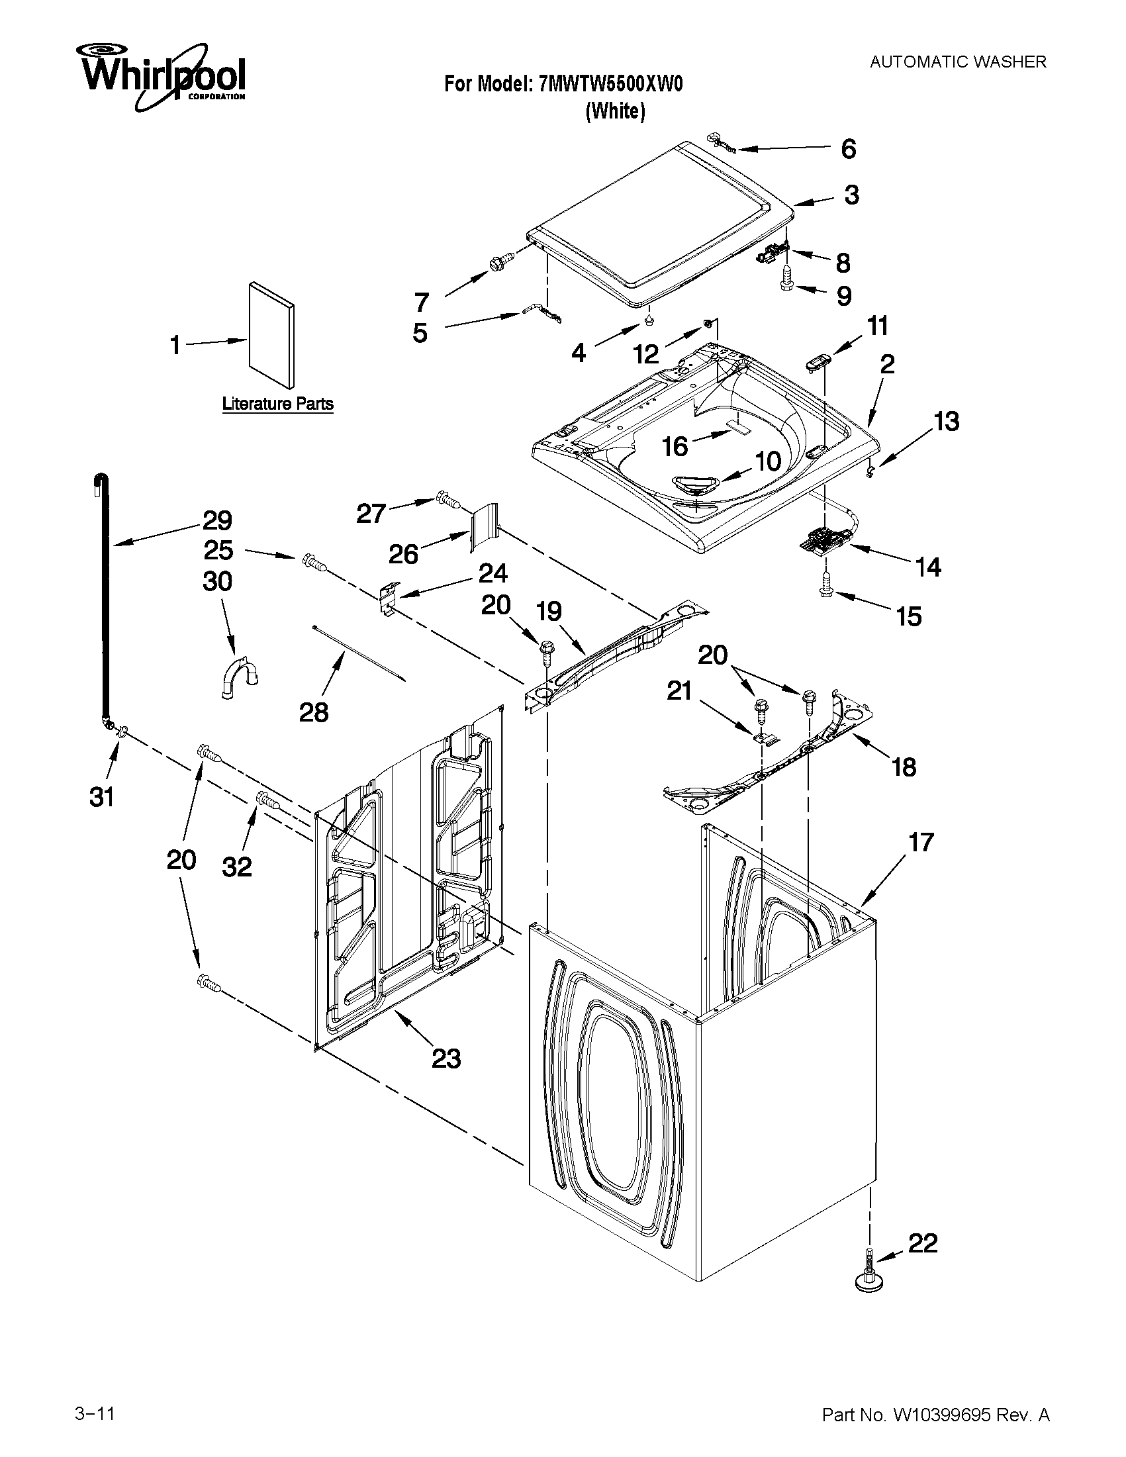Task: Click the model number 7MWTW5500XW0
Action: click(610, 84)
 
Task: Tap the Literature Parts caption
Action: click(277, 404)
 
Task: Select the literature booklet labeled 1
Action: click(271, 336)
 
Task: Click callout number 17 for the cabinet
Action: click(921, 843)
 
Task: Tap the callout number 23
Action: click(446, 1058)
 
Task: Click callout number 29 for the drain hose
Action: click(217, 520)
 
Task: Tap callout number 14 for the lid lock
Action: click(928, 568)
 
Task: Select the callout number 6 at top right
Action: click(848, 149)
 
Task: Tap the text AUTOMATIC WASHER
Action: click(958, 62)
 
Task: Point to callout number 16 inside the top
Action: click(675, 446)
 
